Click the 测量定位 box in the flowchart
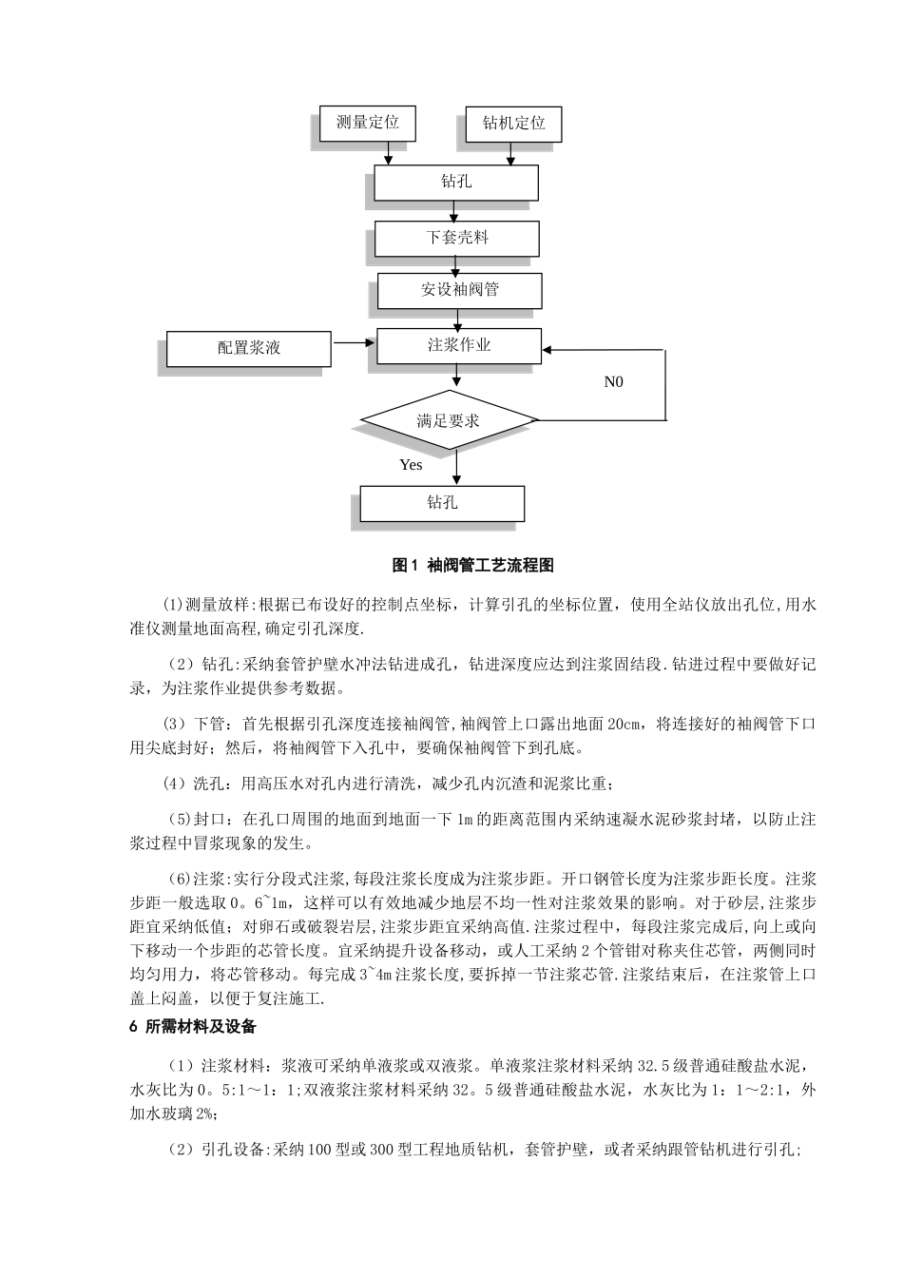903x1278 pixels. pyautogui.click(x=367, y=123)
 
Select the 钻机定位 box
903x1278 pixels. pyautogui.click(x=513, y=124)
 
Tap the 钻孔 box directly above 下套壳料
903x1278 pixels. pyautogui.click(x=456, y=182)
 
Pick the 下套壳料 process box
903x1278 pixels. pyautogui.click(x=456, y=237)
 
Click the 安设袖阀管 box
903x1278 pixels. pyautogui.click(x=459, y=290)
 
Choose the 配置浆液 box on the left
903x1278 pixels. pyautogui.click(x=249, y=348)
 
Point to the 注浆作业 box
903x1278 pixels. pyautogui.click(x=459, y=345)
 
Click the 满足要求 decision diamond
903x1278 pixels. pyautogui.click(x=449, y=420)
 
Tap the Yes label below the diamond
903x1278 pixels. pyautogui.click(x=411, y=465)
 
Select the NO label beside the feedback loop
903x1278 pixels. pyautogui.click(x=614, y=382)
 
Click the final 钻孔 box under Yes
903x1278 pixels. pyautogui.click(x=442, y=502)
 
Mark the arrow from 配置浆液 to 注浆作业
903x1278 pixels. pyautogui.click(x=354, y=342)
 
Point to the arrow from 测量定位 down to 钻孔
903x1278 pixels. pyautogui.click(x=389, y=155)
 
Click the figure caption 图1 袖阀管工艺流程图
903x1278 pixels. pyautogui.click(x=472, y=566)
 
